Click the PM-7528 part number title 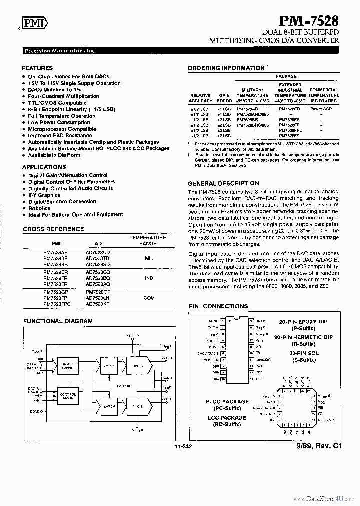pyautogui.click(x=308, y=21)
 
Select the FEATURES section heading pyautogui.click(x=37, y=68)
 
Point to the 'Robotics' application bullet pyautogui.click(x=39, y=208)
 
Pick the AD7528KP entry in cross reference pyautogui.click(x=98, y=304)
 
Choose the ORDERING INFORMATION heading pyautogui.click(x=226, y=68)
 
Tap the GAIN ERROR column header pyautogui.click(x=225, y=98)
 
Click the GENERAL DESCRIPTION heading pyautogui.click(x=223, y=183)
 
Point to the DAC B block pyautogui.click(x=137, y=406)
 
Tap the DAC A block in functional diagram pyautogui.click(x=137, y=365)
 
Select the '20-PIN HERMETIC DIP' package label pyautogui.click(x=303, y=337)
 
